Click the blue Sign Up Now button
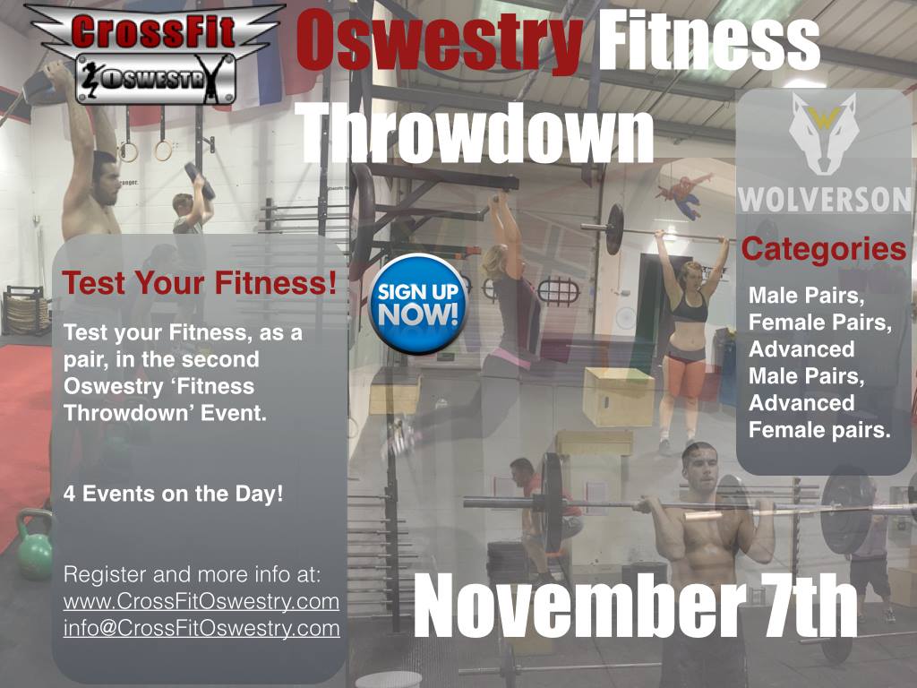click(x=417, y=305)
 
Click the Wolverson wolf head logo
click(x=824, y=134)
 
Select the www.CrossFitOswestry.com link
click(x=201, y=601)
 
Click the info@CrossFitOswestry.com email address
click(x=201, y=628)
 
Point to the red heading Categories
click(x=824, y=250)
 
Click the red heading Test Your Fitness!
click(x=200, y=283)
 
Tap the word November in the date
click(x=578, y=606)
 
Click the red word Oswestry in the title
click(x=440, y=43)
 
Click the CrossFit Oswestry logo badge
click(x=155, y=55)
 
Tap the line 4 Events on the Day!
click(x=173, y=494)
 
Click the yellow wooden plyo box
click(x=618, y=397)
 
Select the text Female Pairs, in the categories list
click(x=820, y=322)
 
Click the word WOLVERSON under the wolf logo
click(x=824, y=200)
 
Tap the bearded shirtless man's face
click(x=106, y=179)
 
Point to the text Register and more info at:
click(x=192, y=574)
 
